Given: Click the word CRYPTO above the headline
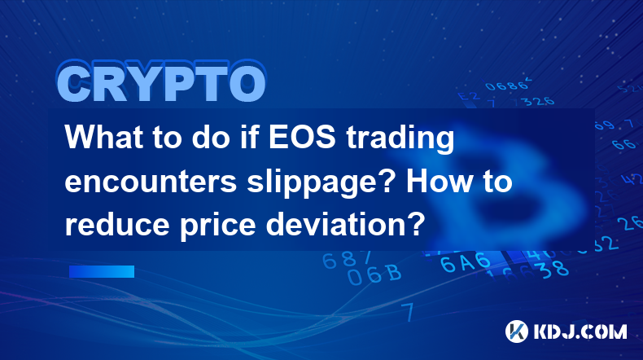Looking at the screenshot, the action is (162, 81).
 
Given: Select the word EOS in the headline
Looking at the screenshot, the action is (302, 137).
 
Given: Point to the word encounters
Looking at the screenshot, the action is (151, 182).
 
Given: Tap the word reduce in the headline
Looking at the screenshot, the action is (117, 225).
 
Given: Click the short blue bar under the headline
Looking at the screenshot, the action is (102, 271).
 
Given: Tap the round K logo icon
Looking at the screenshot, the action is (517, 331).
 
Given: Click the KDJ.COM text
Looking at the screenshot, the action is (580, 331).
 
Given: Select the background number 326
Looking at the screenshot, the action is (539, 101).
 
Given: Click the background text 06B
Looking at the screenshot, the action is (374, 274).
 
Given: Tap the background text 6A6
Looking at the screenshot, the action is (466, 262).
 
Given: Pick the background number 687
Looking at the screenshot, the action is (347, 259).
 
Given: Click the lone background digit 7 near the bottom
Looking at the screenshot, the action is (409, 312).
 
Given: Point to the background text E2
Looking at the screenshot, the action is (468, 96).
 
